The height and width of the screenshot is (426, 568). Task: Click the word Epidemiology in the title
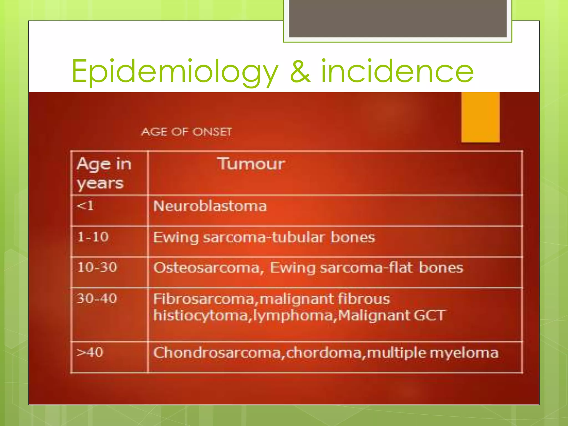point(175,72)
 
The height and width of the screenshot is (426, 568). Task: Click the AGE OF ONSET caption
point(186,132)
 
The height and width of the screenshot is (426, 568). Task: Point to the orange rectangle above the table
point(480,117)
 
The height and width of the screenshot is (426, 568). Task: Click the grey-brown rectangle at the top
point(397,18)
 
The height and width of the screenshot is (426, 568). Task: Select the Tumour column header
point(251,164)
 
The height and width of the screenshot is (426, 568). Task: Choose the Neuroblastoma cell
point(210,206)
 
